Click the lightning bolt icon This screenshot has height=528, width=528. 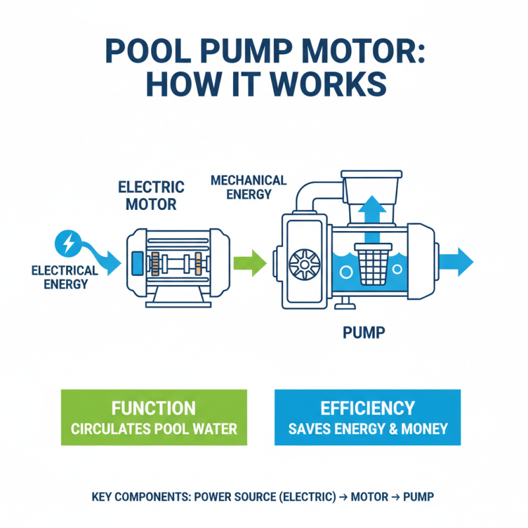coord(67,244)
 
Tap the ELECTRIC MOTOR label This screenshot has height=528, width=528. coord(151,195)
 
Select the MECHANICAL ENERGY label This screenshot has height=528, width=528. coord(247,187)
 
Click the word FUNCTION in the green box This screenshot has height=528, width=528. coord(153,408)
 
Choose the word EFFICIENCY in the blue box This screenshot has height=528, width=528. coord(367,408)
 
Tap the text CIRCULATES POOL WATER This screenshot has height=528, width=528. coord(153,429)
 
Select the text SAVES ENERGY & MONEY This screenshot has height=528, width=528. coord(368,429)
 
